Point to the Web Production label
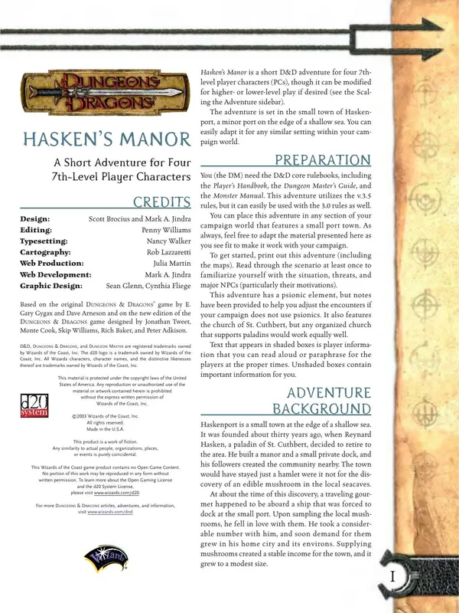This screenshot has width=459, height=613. pyautogui.click(x=51, y=263)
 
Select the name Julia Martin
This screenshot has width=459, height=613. pyautogui.click(x=168, y=263)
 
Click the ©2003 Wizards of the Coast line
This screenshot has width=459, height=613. pyautogui.click(x=103, y=416)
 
